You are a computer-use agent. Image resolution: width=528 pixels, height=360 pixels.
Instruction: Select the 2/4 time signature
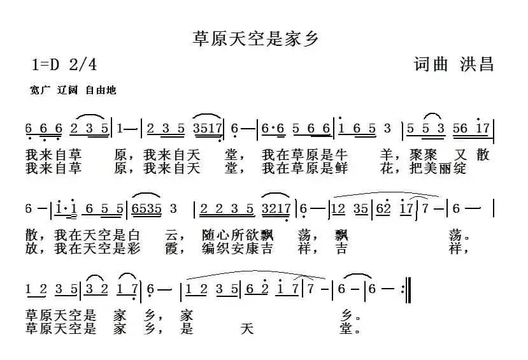[x=84, y=64]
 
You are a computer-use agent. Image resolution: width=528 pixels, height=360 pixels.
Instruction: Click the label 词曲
[x=431, y=64]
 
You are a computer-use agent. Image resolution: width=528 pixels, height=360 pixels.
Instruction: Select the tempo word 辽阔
[x=68, y=90]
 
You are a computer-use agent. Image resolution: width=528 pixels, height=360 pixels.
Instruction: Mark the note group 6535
[x=146, y=209]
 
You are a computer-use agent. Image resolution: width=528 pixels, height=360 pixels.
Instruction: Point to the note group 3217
[x=277, y=209]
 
